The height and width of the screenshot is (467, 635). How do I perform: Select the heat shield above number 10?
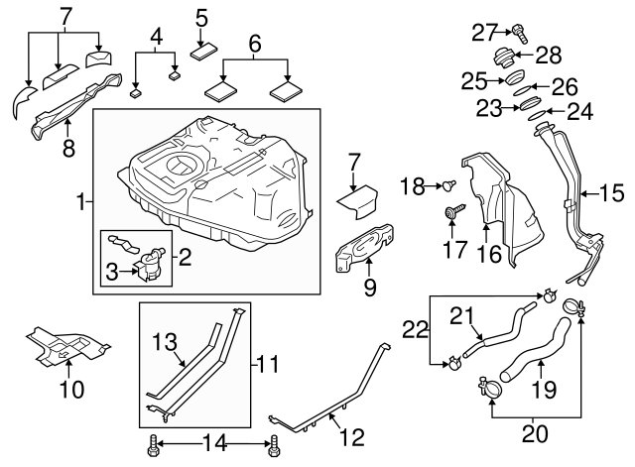point(64,343)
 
